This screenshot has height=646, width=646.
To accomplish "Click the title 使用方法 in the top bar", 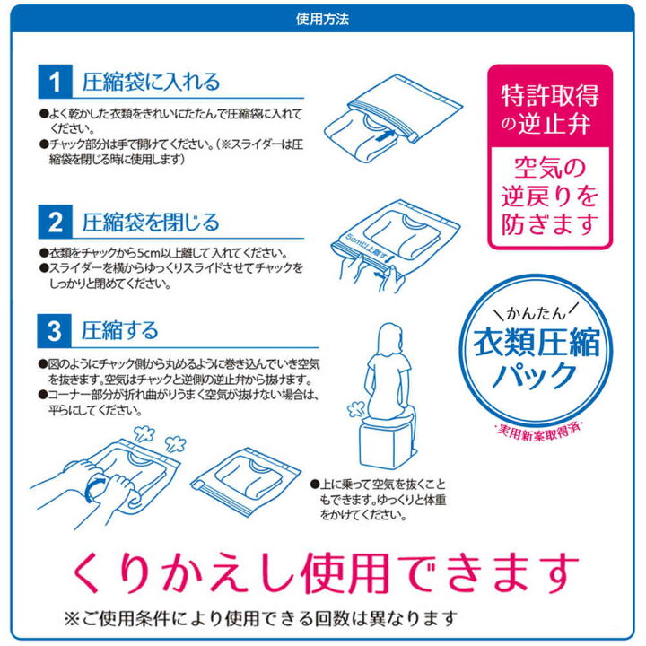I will point(322,18).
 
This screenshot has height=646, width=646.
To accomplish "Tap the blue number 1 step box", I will point(55,83).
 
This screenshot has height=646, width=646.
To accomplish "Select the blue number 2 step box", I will point(55,222).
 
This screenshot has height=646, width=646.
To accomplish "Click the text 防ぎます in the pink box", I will point(549,220).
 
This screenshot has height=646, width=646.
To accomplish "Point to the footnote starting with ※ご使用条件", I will point(260,618).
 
